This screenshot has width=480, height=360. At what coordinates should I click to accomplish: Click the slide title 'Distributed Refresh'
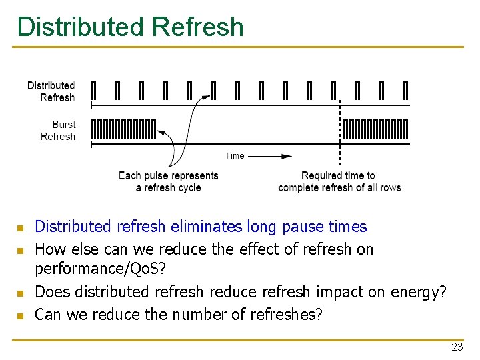(131, 27)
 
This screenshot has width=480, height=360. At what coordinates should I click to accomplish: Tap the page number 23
(457, 347)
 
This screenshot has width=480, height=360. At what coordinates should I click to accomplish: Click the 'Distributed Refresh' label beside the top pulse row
(51, 91)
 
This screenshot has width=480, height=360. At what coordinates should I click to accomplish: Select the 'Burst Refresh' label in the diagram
(59, 130)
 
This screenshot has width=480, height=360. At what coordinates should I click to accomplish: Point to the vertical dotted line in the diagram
(341, 133)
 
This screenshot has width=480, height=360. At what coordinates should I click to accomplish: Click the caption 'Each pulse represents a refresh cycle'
(168, 181)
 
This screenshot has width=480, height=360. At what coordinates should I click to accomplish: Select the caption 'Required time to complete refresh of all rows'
(339, 181)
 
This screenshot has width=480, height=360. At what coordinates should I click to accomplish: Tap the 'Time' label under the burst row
(235, 156)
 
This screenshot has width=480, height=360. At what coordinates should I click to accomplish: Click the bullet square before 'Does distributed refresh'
(21, 293)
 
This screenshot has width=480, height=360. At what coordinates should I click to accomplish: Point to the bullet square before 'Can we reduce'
(21, 315)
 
